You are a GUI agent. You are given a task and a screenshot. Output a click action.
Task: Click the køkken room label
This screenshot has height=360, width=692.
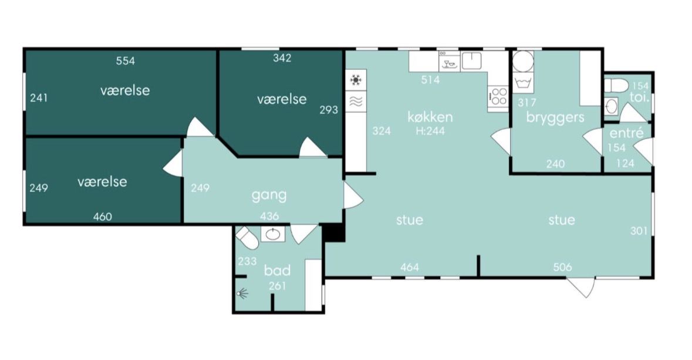tap(430, 117)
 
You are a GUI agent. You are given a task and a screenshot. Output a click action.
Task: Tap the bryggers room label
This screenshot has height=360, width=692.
tap(555, 117)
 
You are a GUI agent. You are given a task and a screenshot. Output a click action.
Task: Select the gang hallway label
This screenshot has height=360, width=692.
tap(269, 195)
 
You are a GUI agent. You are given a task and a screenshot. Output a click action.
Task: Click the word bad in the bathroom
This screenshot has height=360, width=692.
tap(277, 270)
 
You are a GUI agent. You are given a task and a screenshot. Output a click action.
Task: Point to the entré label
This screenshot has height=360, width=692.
tap(626, 133)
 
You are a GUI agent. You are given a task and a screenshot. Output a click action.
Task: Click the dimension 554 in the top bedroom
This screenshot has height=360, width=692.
tap(126, 61)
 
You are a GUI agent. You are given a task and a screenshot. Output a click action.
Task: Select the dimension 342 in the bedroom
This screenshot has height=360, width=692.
tap(282, 58)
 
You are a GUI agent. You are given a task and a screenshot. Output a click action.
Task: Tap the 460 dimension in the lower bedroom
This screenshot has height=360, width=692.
tap(102, 217)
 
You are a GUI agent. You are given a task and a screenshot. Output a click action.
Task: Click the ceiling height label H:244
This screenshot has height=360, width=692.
tap(430, 131)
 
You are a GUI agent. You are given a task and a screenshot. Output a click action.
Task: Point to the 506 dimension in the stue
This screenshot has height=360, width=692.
tap(562, 267)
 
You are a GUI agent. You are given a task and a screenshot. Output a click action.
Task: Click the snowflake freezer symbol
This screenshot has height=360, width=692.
tap(355, 80)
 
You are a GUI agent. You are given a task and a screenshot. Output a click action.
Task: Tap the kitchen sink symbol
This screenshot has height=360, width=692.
tap(471, 61)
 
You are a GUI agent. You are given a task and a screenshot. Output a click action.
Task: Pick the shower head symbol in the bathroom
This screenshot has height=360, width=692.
tap(242, 293)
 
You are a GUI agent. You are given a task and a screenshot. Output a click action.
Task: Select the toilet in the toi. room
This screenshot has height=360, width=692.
tap(616, 85)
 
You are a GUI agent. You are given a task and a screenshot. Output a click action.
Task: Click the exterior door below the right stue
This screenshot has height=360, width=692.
tap(581, 287)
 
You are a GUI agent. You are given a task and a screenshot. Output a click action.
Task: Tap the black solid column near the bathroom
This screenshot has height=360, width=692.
tap(334, 233)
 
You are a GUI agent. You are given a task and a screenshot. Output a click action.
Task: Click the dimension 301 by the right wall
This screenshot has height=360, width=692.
tap(639, 231)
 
